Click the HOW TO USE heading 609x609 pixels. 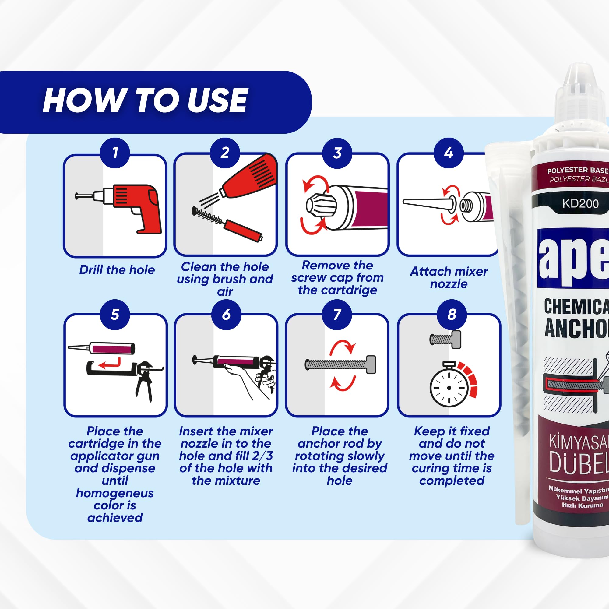pos(145,100)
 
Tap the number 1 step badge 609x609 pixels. pos(115,153)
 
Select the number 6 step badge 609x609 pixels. pos(226,315)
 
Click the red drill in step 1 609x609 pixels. pos(136,205)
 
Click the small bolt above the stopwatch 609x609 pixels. pos(445,340)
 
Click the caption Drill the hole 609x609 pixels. pos(117,270)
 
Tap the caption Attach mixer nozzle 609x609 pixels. pos(449,277)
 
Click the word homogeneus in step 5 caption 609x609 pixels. pos(115,493)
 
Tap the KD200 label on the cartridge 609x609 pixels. pos(580,203)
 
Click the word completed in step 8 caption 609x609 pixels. pos(451,481)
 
